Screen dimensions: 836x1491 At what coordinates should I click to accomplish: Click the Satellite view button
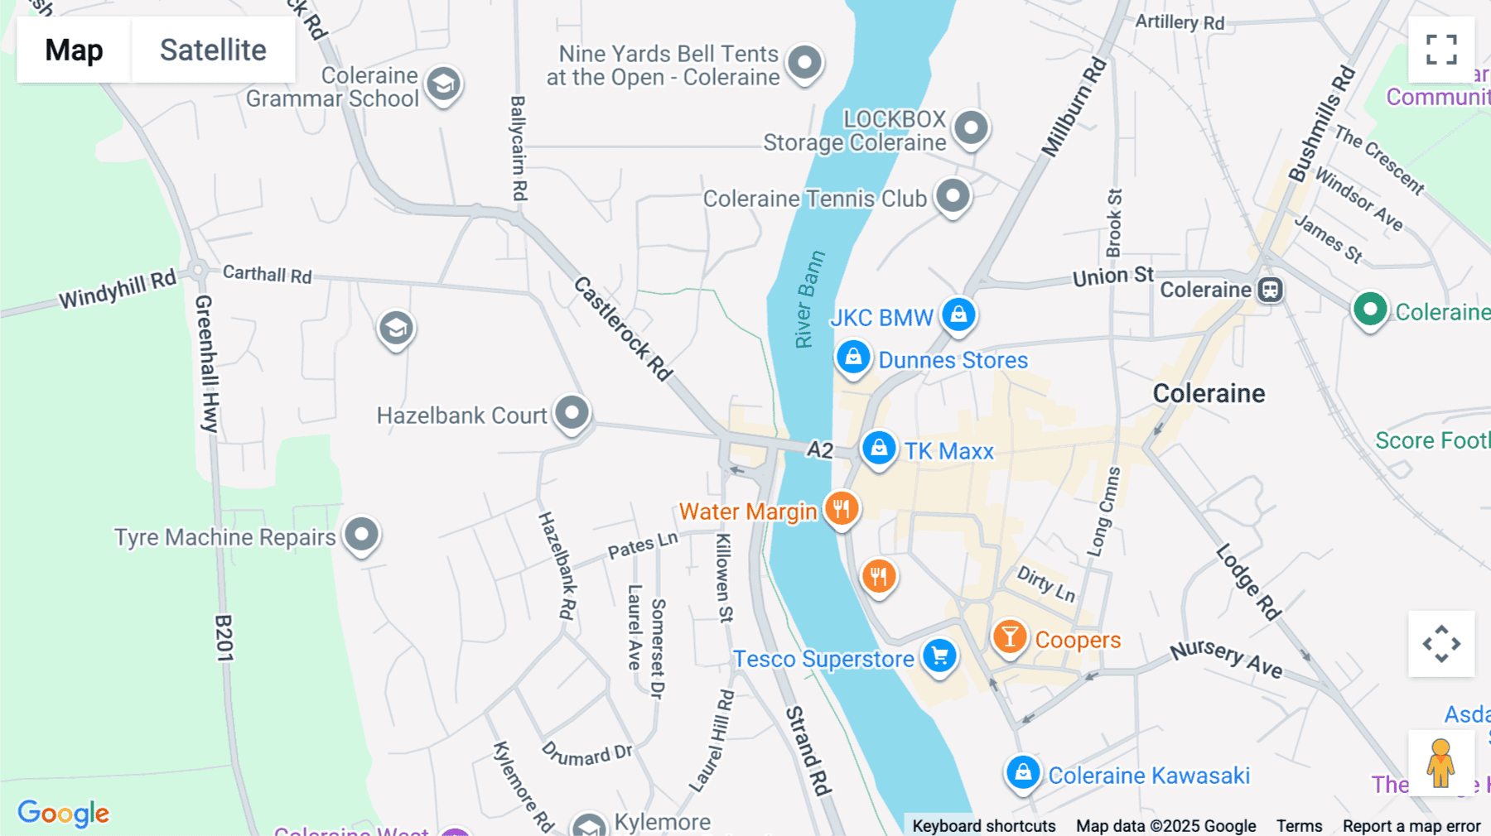click(x=213, y=50)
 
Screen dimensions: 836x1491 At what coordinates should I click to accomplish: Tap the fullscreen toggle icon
click(x=1441, y=50)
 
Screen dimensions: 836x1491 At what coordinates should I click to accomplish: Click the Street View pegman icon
click(x=1440, y=762)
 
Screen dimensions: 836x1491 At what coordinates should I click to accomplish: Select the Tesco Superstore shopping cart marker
click(x=939, y=656)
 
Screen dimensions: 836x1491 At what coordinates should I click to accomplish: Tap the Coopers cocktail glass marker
click(x=1010, y=637)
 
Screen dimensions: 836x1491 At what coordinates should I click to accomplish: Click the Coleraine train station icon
click(x=1270, y=290)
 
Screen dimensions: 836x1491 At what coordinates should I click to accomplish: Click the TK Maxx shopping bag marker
click(x=879, y=449)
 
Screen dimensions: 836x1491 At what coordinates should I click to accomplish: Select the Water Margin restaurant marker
click(x=842, y=508)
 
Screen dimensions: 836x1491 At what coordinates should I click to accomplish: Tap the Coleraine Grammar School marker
click(x=443, y=84)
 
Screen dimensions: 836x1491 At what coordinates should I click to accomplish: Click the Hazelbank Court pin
click(x=572, y=411)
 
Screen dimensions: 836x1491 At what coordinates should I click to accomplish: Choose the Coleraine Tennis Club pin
click(x=953, y=196)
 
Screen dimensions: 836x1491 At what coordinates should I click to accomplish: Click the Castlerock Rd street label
click(x=623, y=329)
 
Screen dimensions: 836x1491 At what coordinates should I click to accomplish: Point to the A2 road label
click(x=819, y=449)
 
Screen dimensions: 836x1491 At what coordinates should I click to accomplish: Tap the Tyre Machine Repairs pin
click(x=361, y=534)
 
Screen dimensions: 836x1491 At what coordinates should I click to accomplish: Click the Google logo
click(x=64, y=813)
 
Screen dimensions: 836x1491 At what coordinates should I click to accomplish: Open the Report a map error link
click(x=1411, y=825)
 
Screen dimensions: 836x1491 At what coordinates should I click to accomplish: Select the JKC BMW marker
click(x=958, y=315)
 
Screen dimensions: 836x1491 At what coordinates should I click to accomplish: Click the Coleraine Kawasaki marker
click(x=1023, y=772)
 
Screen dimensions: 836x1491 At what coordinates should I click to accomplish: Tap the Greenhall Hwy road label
click(x=206, y=363)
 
